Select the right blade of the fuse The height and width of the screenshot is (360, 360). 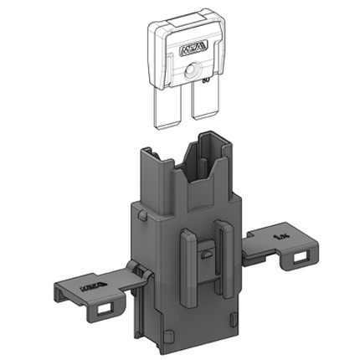[203, 107]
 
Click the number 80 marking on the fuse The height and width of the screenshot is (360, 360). [204, 80]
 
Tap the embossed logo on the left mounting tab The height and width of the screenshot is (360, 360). [88, 291]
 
